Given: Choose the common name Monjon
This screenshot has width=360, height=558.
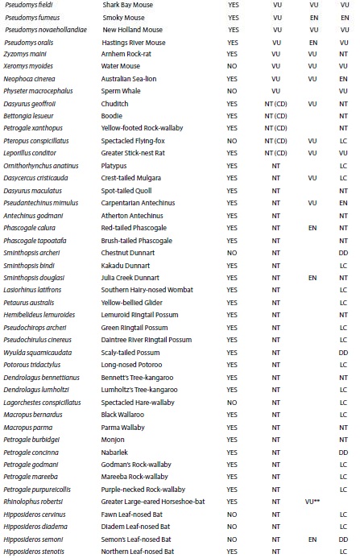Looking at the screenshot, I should (x=116, y=440).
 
